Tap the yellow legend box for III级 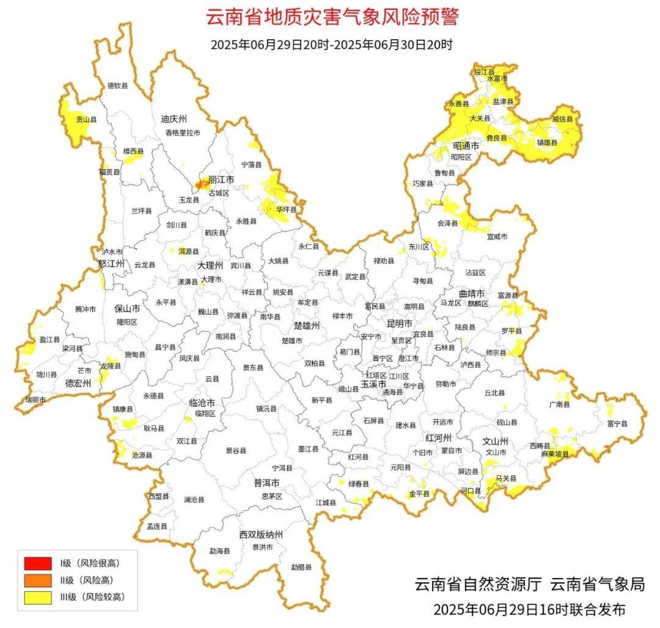[37, 597]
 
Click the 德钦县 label [117, 86]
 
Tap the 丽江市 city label [221, 180]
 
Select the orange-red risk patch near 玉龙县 [201, 183]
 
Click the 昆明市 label [400, 323]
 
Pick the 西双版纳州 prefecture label [261, 535]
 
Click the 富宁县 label [617, 423]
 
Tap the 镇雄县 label [547, 142]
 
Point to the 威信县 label [563, 119]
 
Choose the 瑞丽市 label [35, 399]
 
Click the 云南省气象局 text [598, 584]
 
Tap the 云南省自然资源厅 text [478, 584]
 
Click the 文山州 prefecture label [496, 440]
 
